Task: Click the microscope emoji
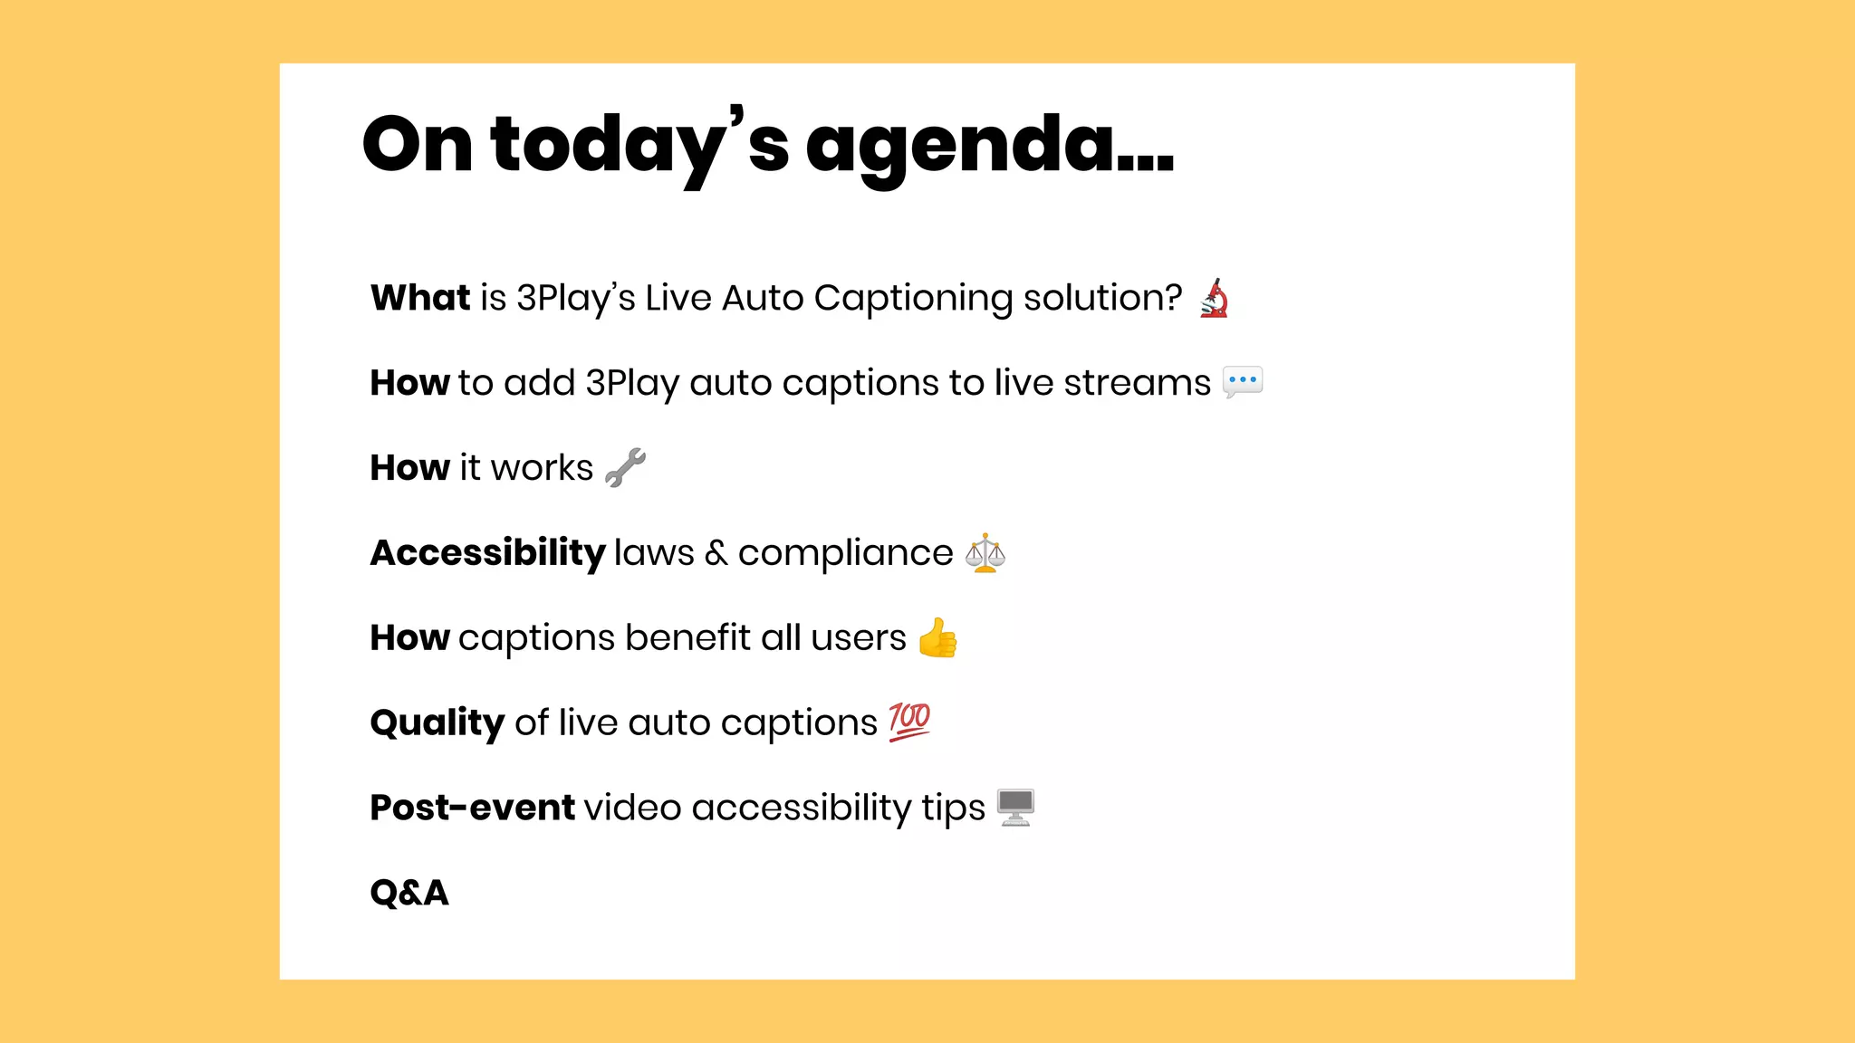pos(1214,298)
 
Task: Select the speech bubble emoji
pos(1242,382)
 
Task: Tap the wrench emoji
pos(625,467)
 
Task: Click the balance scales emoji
pos(985,552)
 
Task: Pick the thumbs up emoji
pos(937,637)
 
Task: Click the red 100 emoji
pos(909,722)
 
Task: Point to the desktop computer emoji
pos(1015,807)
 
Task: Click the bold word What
pos(420,298)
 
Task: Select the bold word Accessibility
pos(487,553)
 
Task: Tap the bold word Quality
pos(437,723)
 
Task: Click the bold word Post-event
pos(472,808)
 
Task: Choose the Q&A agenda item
pos(409,893)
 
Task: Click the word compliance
pos(845,553)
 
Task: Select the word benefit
pos(687,637)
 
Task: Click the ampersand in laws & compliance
pos(716,553)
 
